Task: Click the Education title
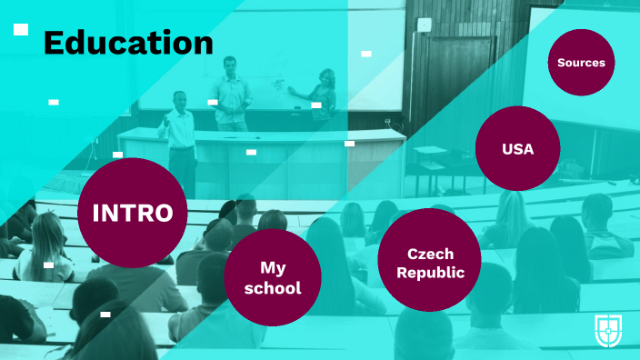(128, 42)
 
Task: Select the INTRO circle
(133, 213)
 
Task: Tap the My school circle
(273, 277)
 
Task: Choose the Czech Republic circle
(429, 261)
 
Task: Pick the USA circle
(517, 148)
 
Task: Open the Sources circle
(581, 63)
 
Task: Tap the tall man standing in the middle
(231, 91)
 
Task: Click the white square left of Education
(21, 30)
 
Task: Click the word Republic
(431, 273)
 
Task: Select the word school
(273, 288)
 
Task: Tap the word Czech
(430, 254)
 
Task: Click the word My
(273, 267)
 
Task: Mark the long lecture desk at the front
(264, 159)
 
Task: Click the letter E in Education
(54, 42)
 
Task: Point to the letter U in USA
(506, 148)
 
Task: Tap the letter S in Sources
(562, 63)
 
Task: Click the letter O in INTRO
(162, 213)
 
